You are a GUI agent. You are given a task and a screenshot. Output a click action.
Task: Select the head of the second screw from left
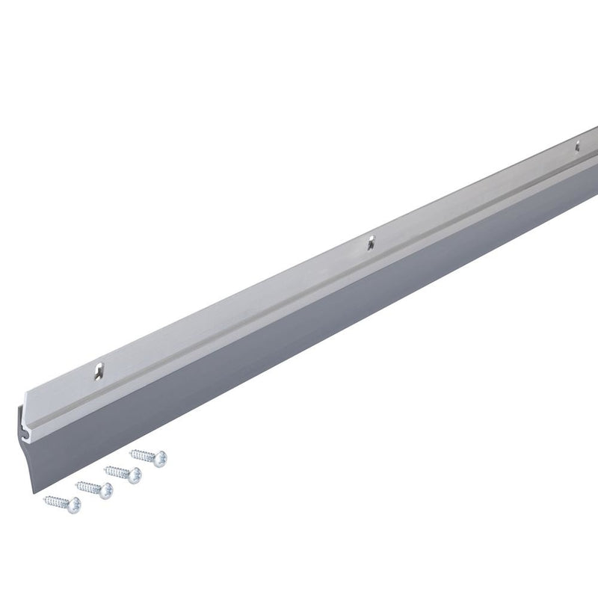(x=106, y=490)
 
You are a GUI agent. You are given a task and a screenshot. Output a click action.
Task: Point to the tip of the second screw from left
(x=77, y=484)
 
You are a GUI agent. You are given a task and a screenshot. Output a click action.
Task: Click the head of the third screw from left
(x=134, y=475)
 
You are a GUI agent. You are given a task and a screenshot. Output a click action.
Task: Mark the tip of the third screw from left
(x=105, y=469)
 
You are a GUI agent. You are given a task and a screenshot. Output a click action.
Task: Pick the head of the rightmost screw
(x=160, y=458)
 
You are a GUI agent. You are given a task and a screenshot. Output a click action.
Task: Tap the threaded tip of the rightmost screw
(x=132, y=451)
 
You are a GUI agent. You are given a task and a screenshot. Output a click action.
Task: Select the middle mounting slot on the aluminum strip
(x=369, y=241)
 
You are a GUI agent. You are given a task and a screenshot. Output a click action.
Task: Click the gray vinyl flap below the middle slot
(x=374, y=299)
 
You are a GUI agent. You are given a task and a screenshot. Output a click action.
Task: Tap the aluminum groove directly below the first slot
(x=105, y=389)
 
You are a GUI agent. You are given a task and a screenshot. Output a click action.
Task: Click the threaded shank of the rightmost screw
(x=144, y=454)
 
